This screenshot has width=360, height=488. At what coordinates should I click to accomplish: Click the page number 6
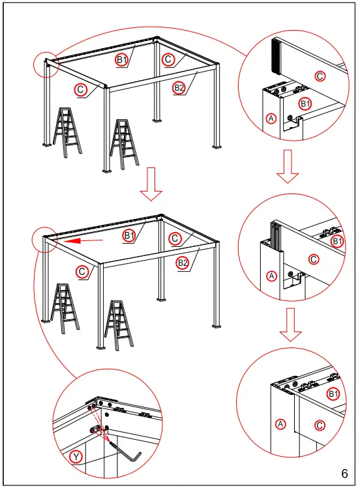point(344,472)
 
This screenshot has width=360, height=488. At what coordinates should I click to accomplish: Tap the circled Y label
point(76,457)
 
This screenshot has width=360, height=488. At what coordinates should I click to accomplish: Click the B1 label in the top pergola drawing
point(122,60)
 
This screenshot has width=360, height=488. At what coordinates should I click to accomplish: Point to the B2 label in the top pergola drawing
point(178,87)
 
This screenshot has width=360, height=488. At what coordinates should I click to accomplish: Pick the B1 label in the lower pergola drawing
point(129,235)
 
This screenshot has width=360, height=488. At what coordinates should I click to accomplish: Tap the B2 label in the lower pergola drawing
point(183,263)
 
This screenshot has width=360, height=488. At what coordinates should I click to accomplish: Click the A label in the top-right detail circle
point(272,118)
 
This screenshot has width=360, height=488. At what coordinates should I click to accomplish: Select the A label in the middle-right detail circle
point(272,276)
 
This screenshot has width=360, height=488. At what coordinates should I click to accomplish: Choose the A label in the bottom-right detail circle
point(280,424)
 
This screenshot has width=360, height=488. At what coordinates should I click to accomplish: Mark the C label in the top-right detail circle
point(320,76)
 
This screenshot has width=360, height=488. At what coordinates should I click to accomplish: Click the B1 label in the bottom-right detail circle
point(333,394)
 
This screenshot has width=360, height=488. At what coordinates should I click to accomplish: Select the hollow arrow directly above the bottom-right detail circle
point(291,325)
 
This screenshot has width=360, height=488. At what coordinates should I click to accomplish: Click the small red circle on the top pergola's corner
point(46,64)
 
